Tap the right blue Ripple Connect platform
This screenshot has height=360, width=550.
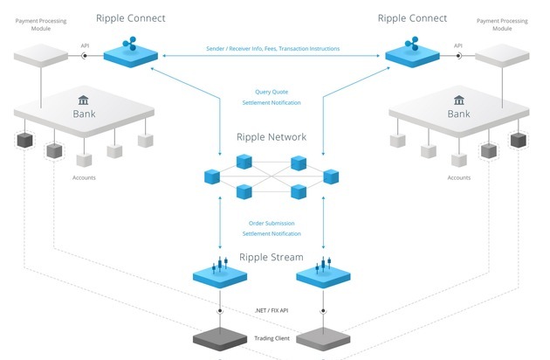(x=413, y=56)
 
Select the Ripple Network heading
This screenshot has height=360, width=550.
(x=271, y=137)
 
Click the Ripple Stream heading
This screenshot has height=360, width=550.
(x=272, y=257)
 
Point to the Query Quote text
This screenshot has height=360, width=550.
(x=272, y=92)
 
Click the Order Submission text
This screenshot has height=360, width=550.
(x=272, y=222)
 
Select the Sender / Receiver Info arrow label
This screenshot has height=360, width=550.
(x=272, y=49)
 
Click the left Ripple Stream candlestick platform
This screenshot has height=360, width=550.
(x=222, y=274)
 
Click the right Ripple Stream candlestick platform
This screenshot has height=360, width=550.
(x=322, y=274)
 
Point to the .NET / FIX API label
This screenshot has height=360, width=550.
(x=272, y=311)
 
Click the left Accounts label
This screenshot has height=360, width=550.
(x=84, y=177)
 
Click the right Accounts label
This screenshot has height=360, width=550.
(x=459, y=177)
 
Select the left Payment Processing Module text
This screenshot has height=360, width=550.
(x=38, y=23)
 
